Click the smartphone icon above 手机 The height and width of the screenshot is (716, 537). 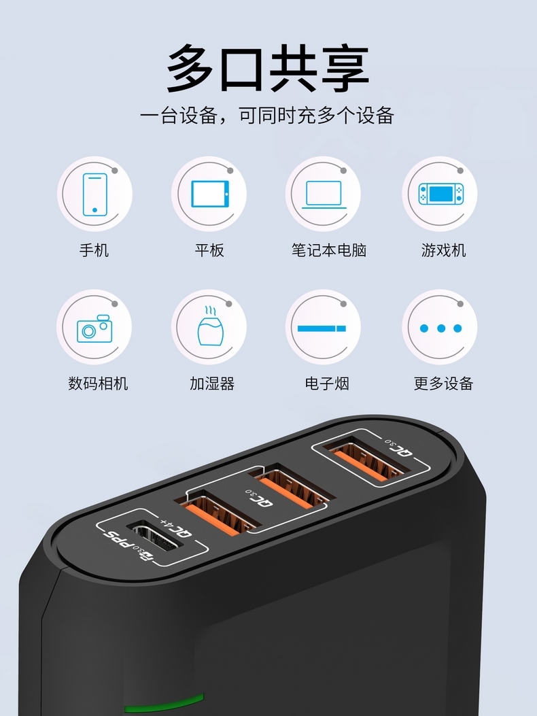[95, 194]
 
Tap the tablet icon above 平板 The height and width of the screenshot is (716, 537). [210, 194]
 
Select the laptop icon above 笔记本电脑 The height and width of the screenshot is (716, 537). [324, 194]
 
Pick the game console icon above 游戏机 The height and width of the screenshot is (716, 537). [441, 194]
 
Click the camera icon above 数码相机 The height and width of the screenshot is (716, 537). [94, 328]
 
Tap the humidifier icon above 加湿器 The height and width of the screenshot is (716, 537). [209, 326]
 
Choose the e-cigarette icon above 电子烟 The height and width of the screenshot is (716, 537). [322, 328]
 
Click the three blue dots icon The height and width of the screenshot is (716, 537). [441, 328]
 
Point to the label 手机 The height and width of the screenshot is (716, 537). [94, 250]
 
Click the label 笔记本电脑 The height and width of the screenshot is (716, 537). [329, 250]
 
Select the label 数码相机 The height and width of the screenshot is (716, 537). [98, 383]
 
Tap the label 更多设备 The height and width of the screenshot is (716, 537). [443, 383]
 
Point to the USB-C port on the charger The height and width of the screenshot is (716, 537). [154, 535]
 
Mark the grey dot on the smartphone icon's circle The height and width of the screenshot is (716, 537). [115, 170]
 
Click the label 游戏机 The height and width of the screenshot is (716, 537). [443, 250]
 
